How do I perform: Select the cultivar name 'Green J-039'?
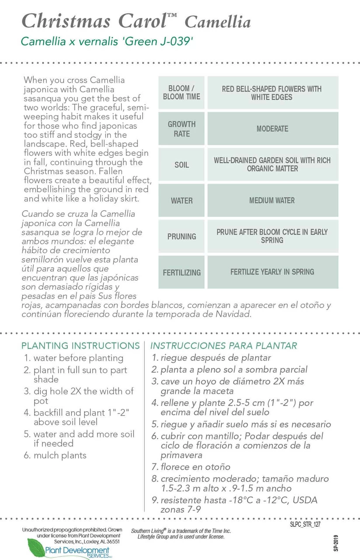click(160, 42)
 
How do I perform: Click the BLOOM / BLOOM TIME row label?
click(181, 93)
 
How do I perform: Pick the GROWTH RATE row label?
click(181, 129)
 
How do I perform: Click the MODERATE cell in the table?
click(272, 129)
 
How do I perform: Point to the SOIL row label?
click(181, 165)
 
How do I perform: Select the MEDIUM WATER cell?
click(272, 200)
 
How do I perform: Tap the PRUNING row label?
click(181, 236)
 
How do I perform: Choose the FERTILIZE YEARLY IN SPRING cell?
click(272, 272)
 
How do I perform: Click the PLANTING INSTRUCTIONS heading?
click(80, 346)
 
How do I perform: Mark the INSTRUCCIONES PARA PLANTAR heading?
click(224, 346)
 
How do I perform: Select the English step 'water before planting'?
click(78, 358)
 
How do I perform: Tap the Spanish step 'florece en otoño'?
click(195, 467)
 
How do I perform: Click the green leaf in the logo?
click(36, 547)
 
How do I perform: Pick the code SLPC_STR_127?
click(305, 524)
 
